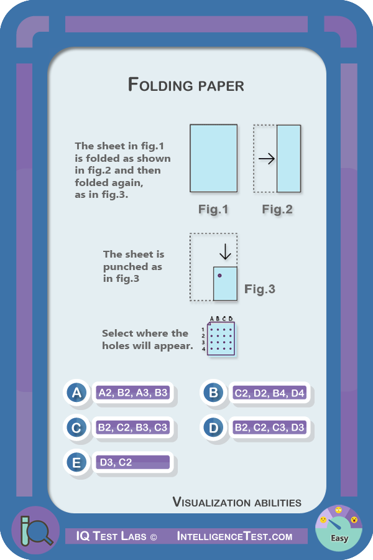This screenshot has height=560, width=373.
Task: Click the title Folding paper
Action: click(x=186, y=85)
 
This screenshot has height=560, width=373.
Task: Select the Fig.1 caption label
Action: click(x=213, y=210)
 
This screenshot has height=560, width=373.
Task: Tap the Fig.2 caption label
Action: click(x=277, y=210)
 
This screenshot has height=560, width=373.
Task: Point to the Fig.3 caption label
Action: click(x=259, y=289)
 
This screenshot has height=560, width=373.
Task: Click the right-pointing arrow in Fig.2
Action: click(x=267, y=159)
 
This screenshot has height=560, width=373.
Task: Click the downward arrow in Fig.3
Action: click(x=225, y=252)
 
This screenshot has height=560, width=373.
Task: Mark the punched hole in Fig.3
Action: click(x=219, y=275)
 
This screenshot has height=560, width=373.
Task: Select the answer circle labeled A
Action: click(x=76, y=393)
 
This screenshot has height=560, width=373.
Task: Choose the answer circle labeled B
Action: click(x=213, y=393)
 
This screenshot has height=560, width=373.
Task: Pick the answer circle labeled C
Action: click(x=76, y=427)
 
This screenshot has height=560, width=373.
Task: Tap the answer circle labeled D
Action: click(x=213, y=427)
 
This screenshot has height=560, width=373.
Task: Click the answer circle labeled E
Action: click(x=76, y=462)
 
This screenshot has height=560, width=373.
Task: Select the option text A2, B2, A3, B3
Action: click(x=133, y=393)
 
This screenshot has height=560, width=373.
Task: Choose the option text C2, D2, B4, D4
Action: click(x=269, y=393)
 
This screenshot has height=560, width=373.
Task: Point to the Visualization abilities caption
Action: click(x=237, y=502)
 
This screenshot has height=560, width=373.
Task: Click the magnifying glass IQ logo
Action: click(x=35, y=530)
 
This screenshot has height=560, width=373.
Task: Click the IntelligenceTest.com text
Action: click(x=234, y=536)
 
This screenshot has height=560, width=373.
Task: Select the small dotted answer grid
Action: click(x=220, y=338)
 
